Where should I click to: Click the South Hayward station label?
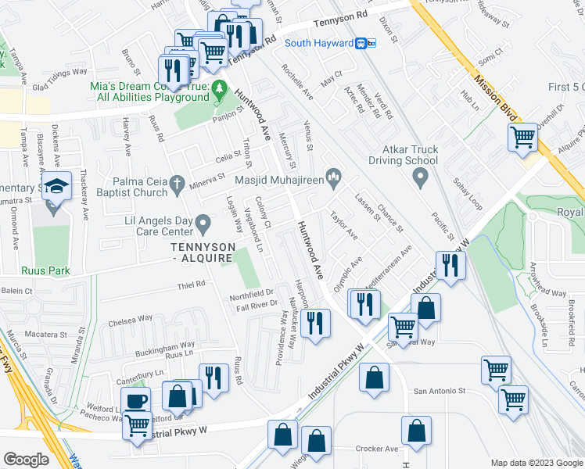click(x=318, y=43)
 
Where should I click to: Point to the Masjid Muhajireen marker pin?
click(x=334, y=179)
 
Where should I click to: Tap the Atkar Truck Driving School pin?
click(x=421, y=178)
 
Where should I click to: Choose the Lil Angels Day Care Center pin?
click(x=203, y=225)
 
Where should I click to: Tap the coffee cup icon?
click(x=137, y=401)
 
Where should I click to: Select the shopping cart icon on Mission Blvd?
click(x=522, y=138)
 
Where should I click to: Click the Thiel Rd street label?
click(x=189, y=284)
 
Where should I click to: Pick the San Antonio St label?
click(x=440, y=391)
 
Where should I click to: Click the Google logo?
click(x=27, y=459)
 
